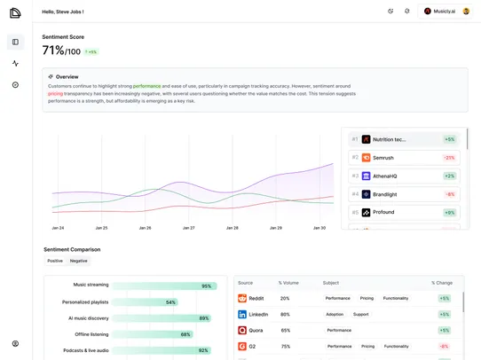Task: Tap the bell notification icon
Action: (406, 12)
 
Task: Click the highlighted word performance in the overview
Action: (147, 86)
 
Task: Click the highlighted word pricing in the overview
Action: (55, 93)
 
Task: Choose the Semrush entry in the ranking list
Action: (389, 158)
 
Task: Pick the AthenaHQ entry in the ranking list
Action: (385, 176)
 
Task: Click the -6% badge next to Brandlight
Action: (450, 194)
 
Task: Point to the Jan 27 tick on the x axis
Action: (188, 228)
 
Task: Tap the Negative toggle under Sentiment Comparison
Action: (79, 261)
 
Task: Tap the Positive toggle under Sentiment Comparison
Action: (55, 261)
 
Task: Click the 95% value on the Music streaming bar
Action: (206, 286)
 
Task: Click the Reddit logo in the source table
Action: (242, 299)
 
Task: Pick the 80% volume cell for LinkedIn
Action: (285, 315)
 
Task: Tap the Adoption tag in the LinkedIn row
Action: (335, 315)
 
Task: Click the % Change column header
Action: (441, 283)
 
